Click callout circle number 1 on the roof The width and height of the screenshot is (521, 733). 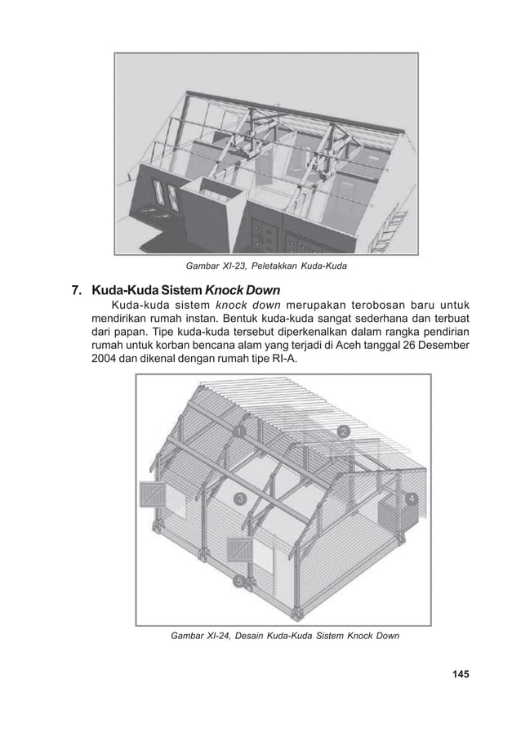point(239,431)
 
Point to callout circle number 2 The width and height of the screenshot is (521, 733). point(344,431)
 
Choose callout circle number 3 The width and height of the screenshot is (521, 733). point(240,498)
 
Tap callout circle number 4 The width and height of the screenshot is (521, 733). point(412,498)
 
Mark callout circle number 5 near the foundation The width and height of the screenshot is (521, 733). point(239,581)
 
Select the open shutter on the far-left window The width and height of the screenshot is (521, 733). point(153,496)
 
